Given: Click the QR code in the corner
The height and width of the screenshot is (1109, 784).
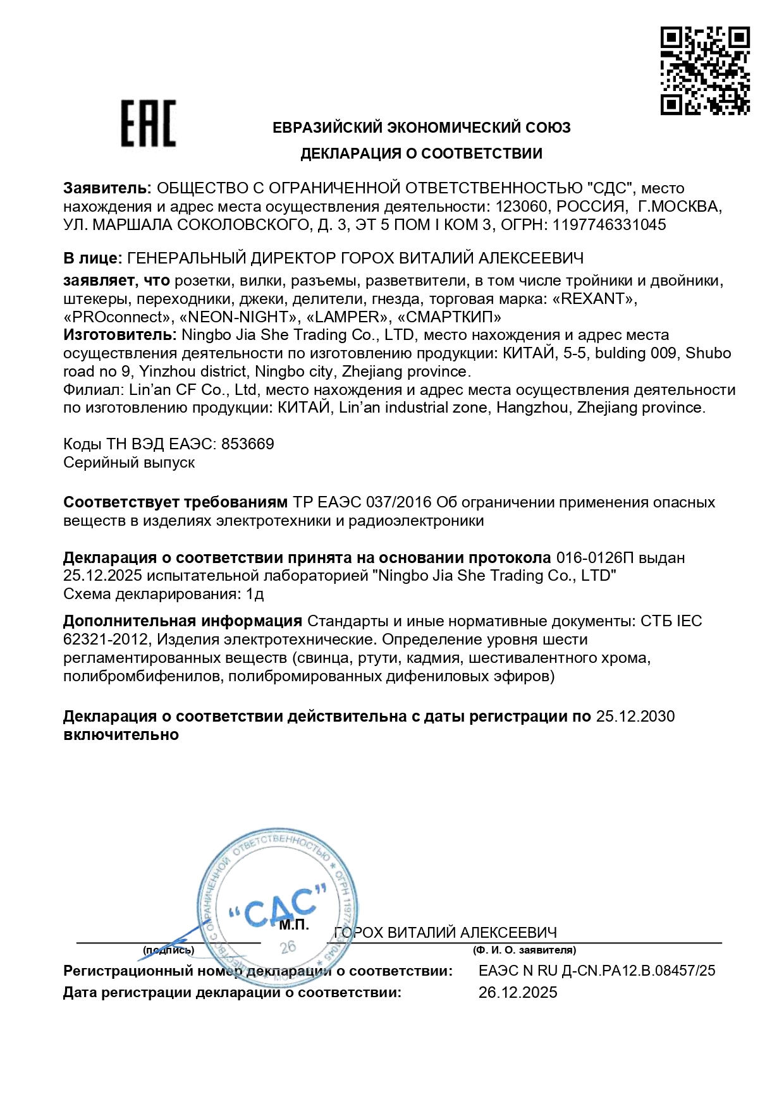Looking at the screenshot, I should coord(705,71).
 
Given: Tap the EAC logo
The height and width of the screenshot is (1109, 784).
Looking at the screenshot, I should coord(149,124).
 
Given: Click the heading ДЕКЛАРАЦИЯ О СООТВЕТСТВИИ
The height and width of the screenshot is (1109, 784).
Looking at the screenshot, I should coord(421,154).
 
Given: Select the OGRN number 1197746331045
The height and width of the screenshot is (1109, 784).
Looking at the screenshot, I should coord(609,225).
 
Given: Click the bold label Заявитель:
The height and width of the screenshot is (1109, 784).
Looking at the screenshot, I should coord(107,188).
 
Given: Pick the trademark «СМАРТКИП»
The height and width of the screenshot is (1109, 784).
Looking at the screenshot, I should coord(448,317).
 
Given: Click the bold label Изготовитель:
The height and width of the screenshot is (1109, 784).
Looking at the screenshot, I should coord(119,335).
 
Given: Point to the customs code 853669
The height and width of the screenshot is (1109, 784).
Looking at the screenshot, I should coord(247,444).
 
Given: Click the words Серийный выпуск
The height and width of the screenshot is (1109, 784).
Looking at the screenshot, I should coord(129,463).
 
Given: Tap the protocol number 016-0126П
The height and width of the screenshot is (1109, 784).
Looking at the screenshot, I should coord(595,558).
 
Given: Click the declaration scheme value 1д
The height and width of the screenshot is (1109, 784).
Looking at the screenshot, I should coord(255,594).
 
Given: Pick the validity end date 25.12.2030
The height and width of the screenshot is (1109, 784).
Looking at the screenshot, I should coord(635,717).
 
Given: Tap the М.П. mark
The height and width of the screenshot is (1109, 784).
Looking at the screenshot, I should coord(294,925).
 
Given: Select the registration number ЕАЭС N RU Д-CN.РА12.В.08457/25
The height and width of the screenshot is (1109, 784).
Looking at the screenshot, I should coord(597,971).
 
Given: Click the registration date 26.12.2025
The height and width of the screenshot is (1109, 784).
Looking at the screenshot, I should coord(518,993).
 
